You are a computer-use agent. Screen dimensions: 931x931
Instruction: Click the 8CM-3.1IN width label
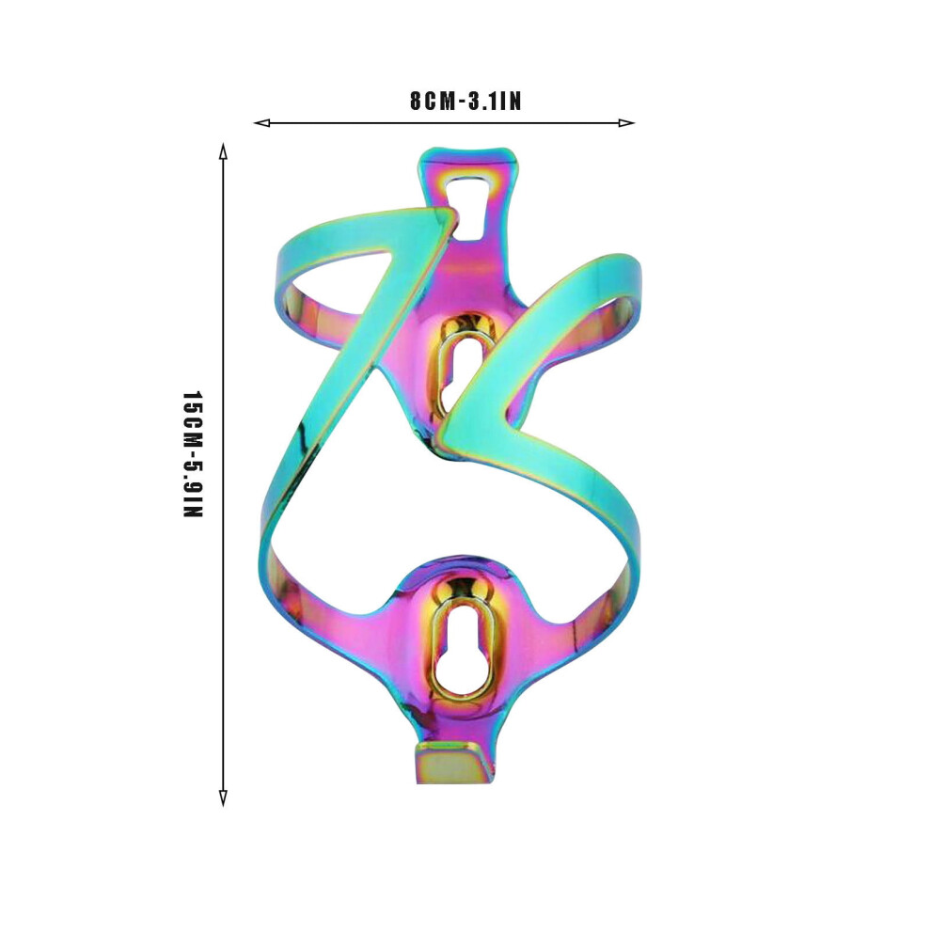pyautogui.click(x=465, y=101)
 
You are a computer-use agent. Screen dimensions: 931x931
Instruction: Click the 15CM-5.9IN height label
pyautogui.click(x=193, y=454)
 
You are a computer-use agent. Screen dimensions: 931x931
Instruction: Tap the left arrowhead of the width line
pyautogui.click(x=261, y=123)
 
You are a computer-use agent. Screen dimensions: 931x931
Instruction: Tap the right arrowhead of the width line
pyautogui.click(x=626, y=123)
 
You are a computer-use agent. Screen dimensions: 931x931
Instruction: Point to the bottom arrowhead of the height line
pyautogui.click(x=223, y=798)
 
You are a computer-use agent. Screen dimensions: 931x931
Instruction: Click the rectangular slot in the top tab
pyautogui.click(x=470, y=208)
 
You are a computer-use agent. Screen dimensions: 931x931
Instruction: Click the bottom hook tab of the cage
pyautogui.click(x=454, y=762)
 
